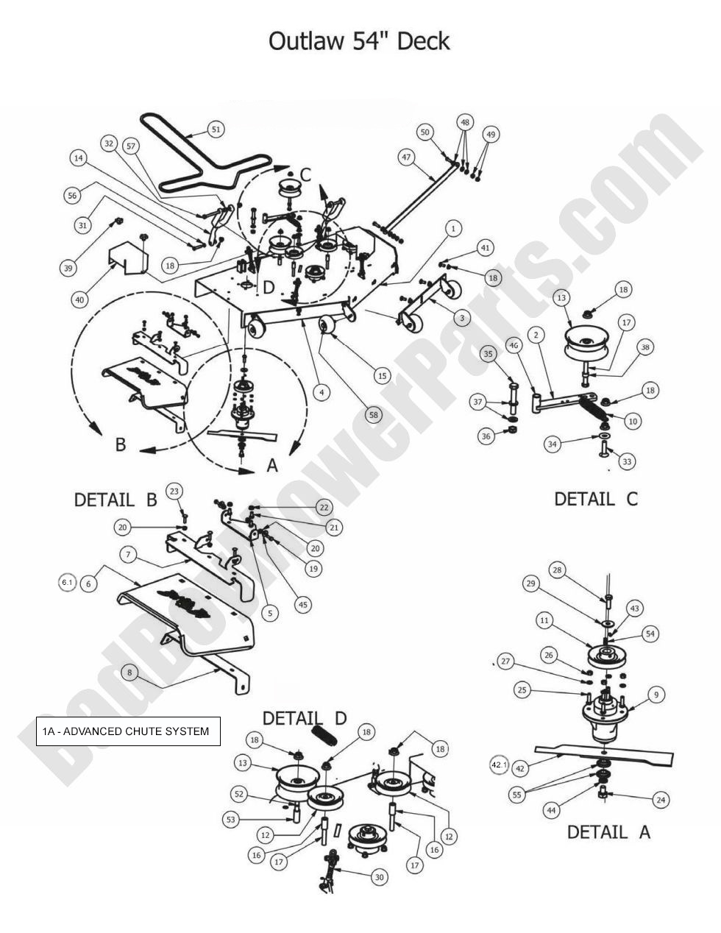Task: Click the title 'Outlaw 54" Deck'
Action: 359,40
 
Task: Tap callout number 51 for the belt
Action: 215,130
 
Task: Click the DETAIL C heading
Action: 595,499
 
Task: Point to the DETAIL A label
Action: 608,832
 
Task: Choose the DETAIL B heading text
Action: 116,500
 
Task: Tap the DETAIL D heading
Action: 305,717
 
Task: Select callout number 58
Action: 374,415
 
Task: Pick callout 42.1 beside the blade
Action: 499,766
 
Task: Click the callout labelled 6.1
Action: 68,583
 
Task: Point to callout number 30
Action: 379,877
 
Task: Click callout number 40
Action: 79,299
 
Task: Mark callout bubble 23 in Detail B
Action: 174,491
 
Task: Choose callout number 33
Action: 627,461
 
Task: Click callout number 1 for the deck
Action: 453,229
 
